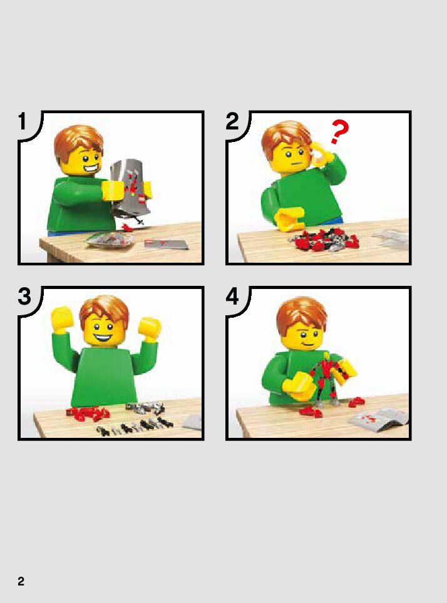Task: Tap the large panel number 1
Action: point(23,121)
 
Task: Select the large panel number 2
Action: point(232,121)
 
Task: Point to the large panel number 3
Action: point(24,296)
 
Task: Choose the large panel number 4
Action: point(232,296)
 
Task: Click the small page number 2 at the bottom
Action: point(21,581)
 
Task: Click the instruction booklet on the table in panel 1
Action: point(167,244)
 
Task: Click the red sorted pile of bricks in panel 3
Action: point(88,413)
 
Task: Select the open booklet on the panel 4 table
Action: point(379,418)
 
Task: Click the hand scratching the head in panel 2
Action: point(322,154)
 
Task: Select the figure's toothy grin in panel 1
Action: point(91,169)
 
